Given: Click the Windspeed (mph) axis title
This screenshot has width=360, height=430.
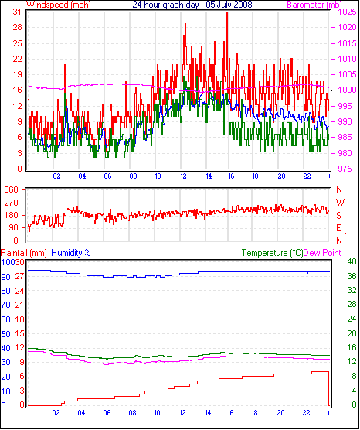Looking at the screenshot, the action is point(59,5).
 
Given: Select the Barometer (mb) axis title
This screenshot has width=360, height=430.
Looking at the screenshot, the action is point(314,5).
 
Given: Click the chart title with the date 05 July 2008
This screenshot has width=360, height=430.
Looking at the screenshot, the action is point(192,5).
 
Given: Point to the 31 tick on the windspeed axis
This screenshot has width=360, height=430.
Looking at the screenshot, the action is point(17,12).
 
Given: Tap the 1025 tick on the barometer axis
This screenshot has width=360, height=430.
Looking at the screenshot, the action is point(348,12).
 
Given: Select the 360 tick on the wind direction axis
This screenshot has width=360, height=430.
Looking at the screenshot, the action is point(12,189).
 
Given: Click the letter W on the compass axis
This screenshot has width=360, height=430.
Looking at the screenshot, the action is point(340,203).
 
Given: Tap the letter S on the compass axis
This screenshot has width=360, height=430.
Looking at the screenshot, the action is point(339,216).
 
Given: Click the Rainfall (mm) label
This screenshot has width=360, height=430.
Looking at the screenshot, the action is point(23,253).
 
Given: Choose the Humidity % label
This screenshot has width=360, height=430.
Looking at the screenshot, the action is point(71,253).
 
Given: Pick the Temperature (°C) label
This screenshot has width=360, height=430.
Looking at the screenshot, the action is point(272,253).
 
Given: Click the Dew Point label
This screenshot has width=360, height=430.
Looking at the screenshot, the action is point(322,253).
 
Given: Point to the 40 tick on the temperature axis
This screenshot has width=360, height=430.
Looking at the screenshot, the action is point(352,261).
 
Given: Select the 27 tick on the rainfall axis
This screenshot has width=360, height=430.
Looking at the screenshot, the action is point(19,276).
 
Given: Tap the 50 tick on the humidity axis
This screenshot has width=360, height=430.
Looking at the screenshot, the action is point(5,334).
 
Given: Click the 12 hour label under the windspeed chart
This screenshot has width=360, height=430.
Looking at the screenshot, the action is point(183,176).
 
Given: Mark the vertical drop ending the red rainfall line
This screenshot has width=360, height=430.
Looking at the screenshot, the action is point(328,388).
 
